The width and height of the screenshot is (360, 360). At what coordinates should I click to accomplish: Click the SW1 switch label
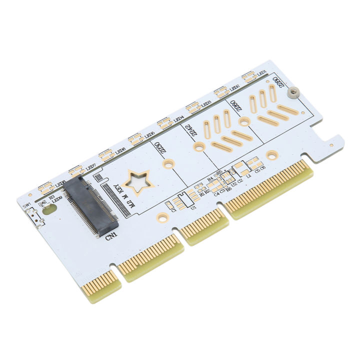(26, 206)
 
